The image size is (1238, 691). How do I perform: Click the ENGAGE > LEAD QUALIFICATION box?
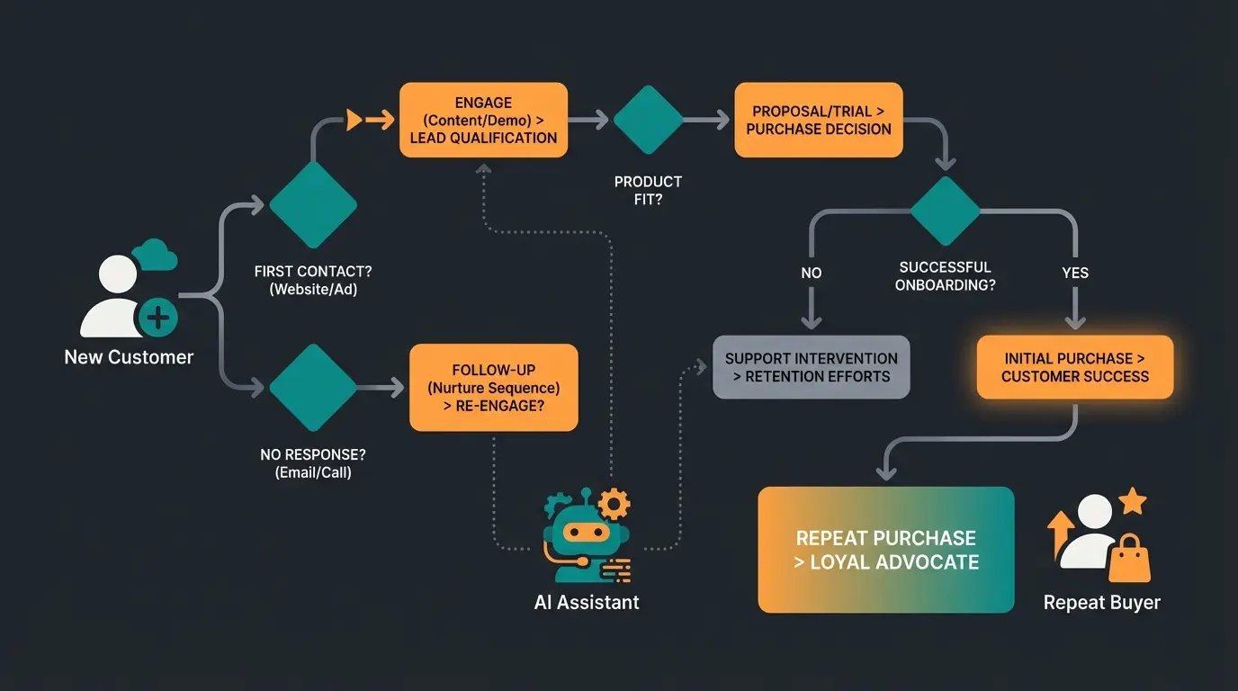tap(483, 120)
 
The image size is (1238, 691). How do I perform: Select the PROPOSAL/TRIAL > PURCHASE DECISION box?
tap(818, 120)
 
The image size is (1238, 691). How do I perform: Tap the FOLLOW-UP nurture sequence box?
tap(493, 387)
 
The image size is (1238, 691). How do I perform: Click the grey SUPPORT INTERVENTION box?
tap(811, 367)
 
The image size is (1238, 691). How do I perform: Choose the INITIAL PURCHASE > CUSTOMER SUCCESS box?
tap(1075, 367)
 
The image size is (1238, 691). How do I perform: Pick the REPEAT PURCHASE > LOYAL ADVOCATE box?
tap(886, 550)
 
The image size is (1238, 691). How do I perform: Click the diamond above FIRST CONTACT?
tap(313, 205)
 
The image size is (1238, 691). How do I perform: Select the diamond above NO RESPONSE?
tap(313, 387)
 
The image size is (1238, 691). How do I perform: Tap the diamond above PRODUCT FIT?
tap(648, 120)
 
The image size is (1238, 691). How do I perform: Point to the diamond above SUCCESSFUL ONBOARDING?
tap(944, 211)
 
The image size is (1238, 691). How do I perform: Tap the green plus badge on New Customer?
tap(157, 317)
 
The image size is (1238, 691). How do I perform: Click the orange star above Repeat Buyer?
tap(1132, 501)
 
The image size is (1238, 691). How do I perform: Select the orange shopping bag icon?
tap(1129, 561)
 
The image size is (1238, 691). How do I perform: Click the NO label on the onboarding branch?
tap(811, 273)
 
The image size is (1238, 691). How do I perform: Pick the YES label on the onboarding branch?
tap(1075, 273)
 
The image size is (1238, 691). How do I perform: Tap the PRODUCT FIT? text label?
tap(648, 191)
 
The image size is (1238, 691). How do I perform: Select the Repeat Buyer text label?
tap(1102, 603)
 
